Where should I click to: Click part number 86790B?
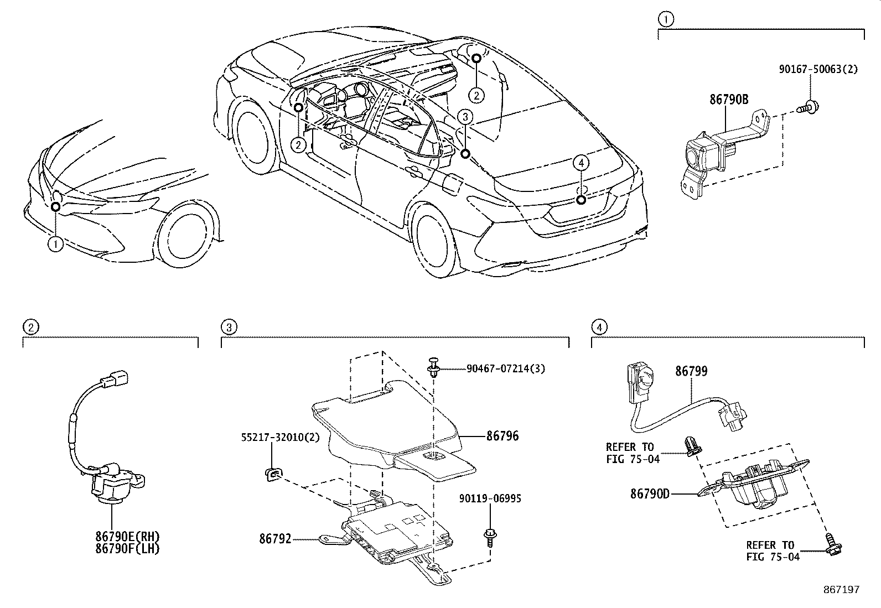pyautogui.click(x=729, y=100)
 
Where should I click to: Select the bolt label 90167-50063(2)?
pyautogui.click(x=818, y=70)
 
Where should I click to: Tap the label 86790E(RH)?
pyautogui.click(x=127, y=536)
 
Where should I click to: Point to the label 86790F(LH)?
pyautogui.click(x=127, y=549)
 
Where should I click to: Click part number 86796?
pyautogui.click(x=502, y=436)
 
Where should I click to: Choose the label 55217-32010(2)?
pyautogui.click(x=280, y=436)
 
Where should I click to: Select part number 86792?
pyautogui.click(x=276, y=538)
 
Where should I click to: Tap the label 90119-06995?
pyautogui.click(x=490, y=498)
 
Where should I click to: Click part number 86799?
pyautogui.click(x=691, y=371)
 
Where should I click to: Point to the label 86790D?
pyautogui.click(x=650, y=493)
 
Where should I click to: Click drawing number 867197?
pyautogui.click(x=841, y=590)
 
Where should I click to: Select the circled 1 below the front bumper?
pyautogui.click(x=55, y=244)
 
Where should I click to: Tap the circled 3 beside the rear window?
pyautogui.click(x=465, y=117)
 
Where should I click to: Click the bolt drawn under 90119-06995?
pyautogui.click(x=490, y=536)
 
